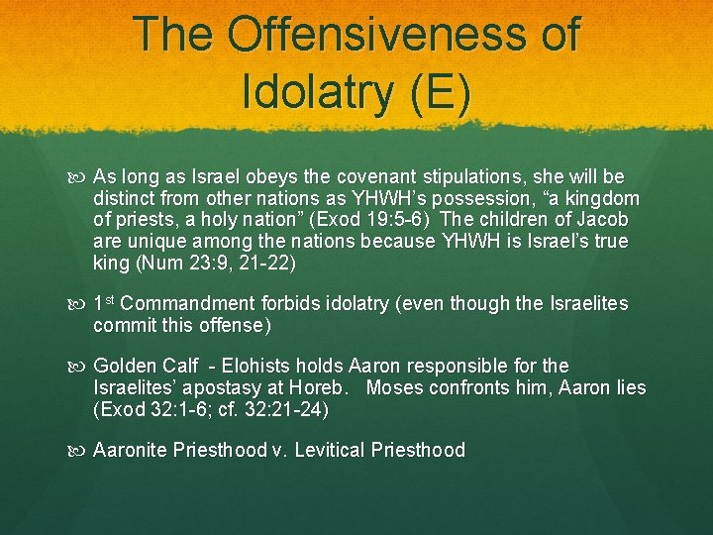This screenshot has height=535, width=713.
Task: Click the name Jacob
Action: pyautogui.click(x=604, y=219)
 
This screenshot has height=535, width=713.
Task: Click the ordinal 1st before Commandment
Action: pyautogui.click(x=104, y=303)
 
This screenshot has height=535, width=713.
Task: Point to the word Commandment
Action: pyautogui.click(x=188, y=303)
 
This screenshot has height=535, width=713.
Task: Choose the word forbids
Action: pyautogui.click(x=290, y=303)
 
